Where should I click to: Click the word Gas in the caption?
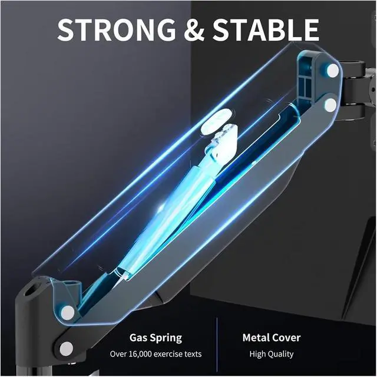[139, 338]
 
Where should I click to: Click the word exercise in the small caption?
[175, 354]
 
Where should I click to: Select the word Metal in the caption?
[257, 338]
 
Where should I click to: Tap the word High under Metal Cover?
[257, 354]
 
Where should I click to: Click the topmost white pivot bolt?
[332, 71]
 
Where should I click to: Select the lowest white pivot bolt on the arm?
[67, 349]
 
